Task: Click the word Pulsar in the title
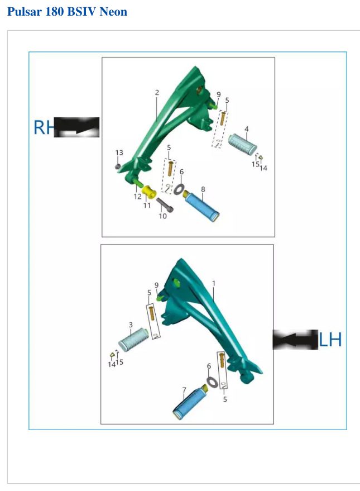(25, 12)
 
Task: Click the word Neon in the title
(113, 12)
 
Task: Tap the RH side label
(44, 127)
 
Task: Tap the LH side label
(330, 340)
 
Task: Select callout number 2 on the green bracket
(157, 92)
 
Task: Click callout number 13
(119, 152)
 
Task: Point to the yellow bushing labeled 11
(149, 192)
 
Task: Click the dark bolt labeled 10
(165, 205)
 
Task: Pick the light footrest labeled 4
(243, 144)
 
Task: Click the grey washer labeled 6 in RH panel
(179, 189)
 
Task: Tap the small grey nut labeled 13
(118, 166)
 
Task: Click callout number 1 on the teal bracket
(214, 283)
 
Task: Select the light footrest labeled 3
(133, 340)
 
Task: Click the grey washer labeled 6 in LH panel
(212, 382)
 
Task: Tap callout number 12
(137, 197)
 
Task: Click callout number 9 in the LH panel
(156, 285)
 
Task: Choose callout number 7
(184, 390)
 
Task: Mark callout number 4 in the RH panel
(247, 129)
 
